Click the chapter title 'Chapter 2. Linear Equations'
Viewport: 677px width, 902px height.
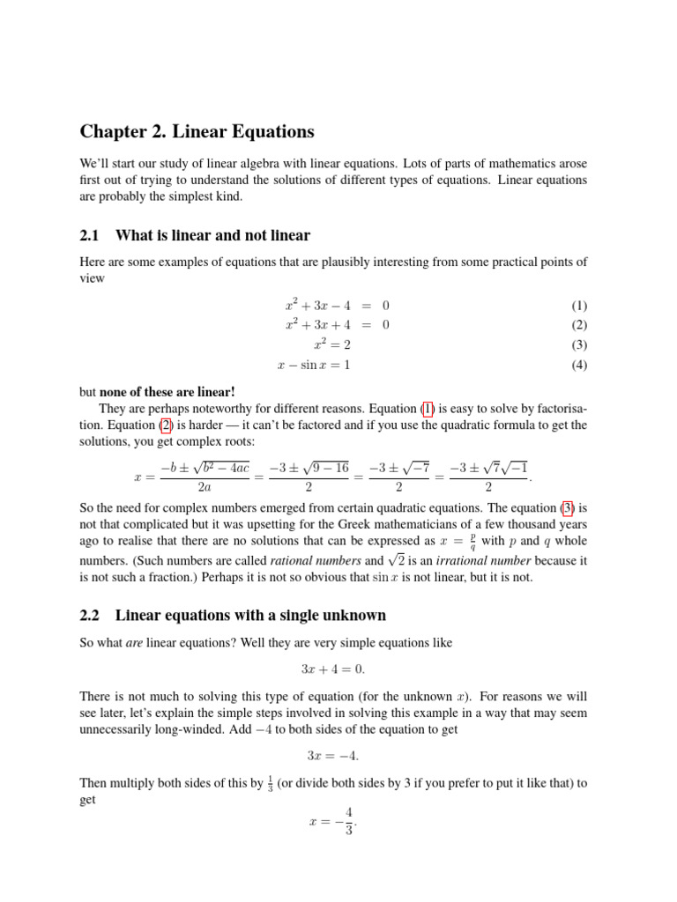[x=197, y=132]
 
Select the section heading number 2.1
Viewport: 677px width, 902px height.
[x=91, y=235]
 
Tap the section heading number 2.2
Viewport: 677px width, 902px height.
[x=91, y=615]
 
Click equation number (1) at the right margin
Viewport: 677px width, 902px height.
[x=578, y=306]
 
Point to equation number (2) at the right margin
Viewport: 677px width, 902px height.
[x=578, y=325]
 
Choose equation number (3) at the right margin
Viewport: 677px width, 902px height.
[x=578, y=344]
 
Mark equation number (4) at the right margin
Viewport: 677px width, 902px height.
[x=578, y=365]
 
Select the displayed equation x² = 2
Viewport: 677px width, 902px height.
[x=331, y=344]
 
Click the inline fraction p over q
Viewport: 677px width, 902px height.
[x=473, y=540]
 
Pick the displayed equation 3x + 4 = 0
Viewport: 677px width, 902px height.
[x=338, y=669]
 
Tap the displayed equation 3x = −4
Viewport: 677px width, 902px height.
[x=338, y=756]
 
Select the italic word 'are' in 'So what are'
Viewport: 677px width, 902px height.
[x=134, y=643]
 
